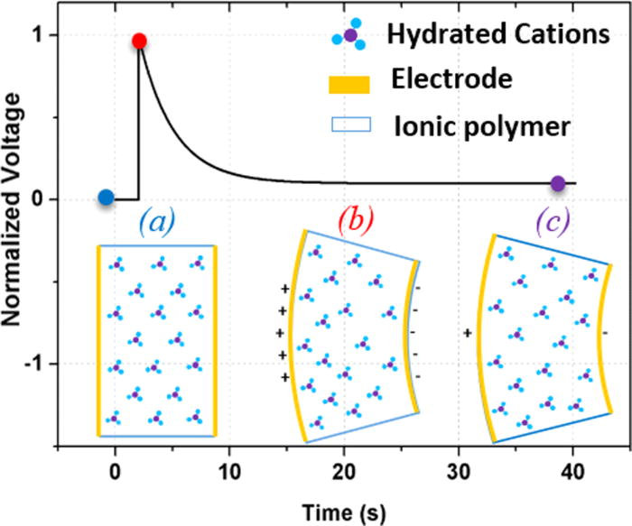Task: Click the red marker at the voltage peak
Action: (x=139, y=41)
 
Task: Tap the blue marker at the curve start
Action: (x=106, y=197)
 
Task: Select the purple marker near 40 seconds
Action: (x=558, y=183)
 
